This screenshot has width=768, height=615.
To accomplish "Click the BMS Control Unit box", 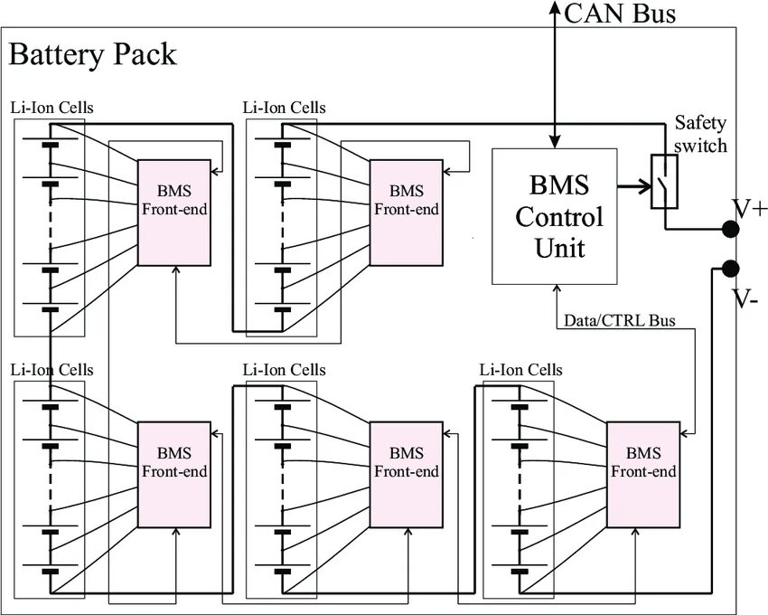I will click(554, 217).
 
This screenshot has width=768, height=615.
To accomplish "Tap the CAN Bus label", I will click(620, 14).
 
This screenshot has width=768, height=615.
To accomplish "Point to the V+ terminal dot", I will click(730, 230).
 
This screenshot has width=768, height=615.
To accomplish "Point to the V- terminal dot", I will click(730, 269).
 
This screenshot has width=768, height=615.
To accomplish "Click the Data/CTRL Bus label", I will click(619, 321).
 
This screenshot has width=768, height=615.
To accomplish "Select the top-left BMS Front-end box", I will click(173, 213).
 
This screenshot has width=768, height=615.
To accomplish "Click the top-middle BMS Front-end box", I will click(406, 213).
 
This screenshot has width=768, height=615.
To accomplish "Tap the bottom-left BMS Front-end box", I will click(173, 474).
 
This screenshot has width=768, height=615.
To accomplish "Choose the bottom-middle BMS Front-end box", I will click(406, 474).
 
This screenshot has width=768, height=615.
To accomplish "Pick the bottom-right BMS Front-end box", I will click(642, 474).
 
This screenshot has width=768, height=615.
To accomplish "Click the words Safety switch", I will click(700, 134).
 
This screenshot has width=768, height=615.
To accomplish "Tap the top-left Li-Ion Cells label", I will click(52, 108).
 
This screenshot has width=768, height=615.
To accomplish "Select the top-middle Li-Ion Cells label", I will click(285, 108).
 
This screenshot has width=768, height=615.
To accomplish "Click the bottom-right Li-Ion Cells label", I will click(520, 370).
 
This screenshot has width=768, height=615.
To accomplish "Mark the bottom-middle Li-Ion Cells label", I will click(285, 370).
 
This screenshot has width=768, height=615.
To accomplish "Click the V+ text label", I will click(750, 210).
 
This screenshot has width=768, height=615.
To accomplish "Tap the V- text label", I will click(746, 298).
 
